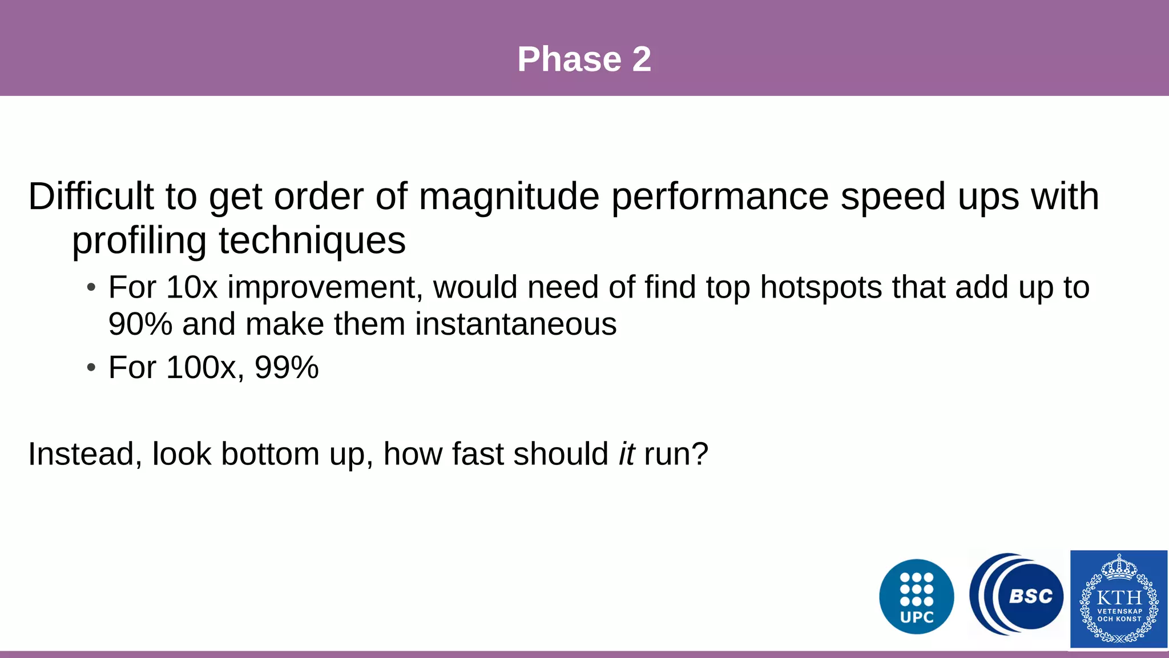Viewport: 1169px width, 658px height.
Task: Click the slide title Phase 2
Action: (584, 59)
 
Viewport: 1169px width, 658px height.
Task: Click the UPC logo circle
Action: (917, 596)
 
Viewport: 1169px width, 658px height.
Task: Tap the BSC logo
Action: (1017, 595)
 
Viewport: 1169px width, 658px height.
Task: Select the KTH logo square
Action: (1119, 599)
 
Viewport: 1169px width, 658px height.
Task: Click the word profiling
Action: (139, 240)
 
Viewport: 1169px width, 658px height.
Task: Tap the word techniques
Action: (312, 240)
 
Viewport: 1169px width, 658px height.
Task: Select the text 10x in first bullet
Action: (192, 287)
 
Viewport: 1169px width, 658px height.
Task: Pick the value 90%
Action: (140, 324)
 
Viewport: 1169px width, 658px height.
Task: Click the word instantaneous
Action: (515, 324)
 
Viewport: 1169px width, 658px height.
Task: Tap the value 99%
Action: (287, 367)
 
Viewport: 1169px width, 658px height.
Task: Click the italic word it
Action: (627, 454)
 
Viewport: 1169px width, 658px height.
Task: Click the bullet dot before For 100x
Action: (91, 368)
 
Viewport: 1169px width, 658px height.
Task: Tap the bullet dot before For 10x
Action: (91, 288)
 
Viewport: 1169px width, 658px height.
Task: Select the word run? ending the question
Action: (676, 454)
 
